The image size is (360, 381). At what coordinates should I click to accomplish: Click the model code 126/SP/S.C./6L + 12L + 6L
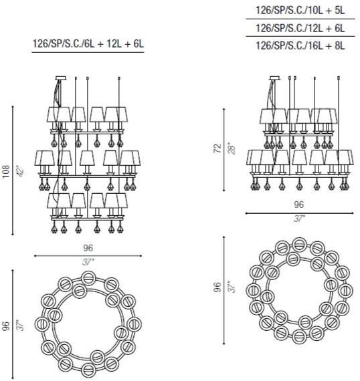(x=88, y=44)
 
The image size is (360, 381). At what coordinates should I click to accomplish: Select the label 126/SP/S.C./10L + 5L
(x=300, y=10)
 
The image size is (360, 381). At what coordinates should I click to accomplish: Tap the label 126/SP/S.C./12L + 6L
(x=300, y=28)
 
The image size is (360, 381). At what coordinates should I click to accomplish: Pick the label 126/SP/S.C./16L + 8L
(x=300, y=45)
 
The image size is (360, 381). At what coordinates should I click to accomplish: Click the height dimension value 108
(x=6, y=171)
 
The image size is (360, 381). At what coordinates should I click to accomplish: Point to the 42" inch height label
(x=21, y=171)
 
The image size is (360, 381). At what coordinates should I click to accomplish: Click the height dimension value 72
(x=218, y=148)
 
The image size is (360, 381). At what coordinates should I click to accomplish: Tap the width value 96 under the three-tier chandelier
(x=88, y=248)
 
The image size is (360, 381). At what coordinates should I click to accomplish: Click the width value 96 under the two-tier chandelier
(x=298, y=205)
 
